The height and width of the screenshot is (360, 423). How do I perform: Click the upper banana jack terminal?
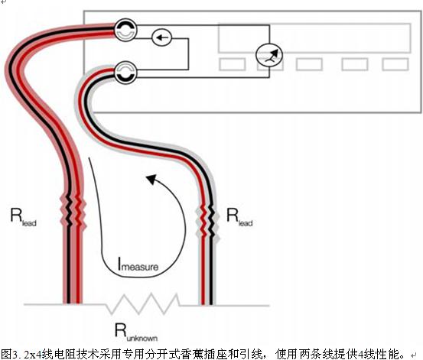tap(125, 30)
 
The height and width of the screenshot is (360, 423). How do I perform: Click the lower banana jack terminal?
tap(125, 73)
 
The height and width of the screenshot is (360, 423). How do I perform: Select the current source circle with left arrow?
tap(161, 37)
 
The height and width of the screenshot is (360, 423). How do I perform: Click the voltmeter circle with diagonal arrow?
tap(269, 55)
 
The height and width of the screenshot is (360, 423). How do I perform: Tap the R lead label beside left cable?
tap(23, 217)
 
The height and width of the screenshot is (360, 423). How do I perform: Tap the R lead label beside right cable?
tap(239, 217)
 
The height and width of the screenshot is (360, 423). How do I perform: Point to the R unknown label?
tap(136, 332)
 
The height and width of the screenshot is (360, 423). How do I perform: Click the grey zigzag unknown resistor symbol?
tap(143, 303)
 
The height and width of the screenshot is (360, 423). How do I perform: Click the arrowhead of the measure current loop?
tap(151, 179)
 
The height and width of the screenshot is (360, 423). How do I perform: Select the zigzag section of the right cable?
tap(208, 222)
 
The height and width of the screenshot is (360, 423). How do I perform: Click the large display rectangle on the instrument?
tap(314, 38)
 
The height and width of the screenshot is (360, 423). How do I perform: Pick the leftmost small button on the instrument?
tap(233, 65)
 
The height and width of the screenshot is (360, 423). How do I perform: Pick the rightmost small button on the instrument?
tap(395, 65)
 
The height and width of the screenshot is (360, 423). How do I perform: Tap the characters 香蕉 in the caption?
tap(194, 354)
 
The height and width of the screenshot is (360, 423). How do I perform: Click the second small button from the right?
tap(355, 65)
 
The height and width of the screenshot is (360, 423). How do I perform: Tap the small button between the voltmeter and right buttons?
tap(309, 65)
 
